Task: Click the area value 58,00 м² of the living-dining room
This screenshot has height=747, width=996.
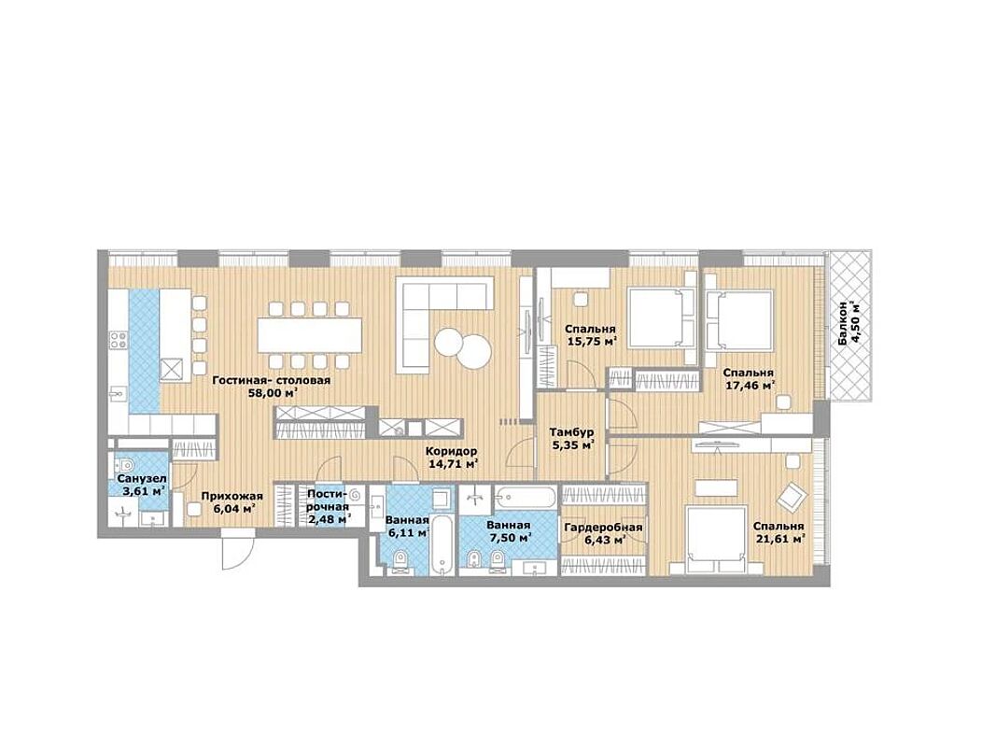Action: click(274, 393)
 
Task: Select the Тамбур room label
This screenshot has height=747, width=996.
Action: click(571, 432)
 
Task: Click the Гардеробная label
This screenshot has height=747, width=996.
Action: click(603, 528)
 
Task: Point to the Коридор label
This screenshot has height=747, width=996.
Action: click(451, 451)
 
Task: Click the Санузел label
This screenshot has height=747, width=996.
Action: click(141, 478)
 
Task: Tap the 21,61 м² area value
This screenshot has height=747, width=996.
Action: click(780, 539)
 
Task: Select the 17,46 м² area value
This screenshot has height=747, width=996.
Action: click(750, 386)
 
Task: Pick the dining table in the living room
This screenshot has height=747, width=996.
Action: click(309, 335)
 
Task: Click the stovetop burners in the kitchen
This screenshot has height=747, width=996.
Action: click(119, 340)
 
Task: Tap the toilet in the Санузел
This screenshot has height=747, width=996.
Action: click(124, 464)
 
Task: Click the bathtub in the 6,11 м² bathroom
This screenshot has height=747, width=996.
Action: click(442, 545)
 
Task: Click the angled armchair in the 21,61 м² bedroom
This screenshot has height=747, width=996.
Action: click(793, 497)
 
